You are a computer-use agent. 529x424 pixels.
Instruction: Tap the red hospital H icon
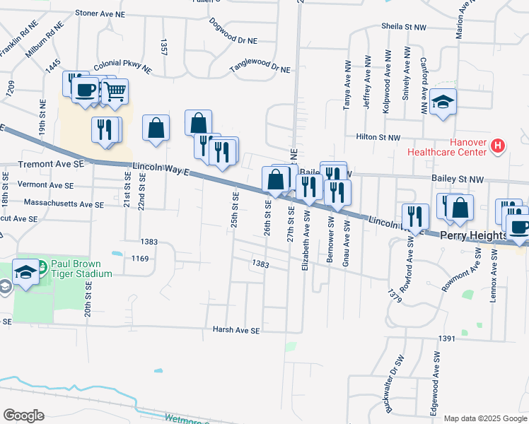click(498, 146)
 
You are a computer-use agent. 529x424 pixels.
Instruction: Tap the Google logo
click(23, 415)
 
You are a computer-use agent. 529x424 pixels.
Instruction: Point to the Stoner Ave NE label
click(100, 13)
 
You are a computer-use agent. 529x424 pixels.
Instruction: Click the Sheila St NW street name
click(405, 26)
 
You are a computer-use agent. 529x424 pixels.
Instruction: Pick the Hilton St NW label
click(378, 138)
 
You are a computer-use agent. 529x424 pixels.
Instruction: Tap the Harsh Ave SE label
click(237, 330)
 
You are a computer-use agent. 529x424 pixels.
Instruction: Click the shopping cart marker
click(115, 90)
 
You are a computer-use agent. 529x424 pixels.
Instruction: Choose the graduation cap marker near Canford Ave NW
click(443, 101)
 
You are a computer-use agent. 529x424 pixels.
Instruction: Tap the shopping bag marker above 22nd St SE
click(156, 128)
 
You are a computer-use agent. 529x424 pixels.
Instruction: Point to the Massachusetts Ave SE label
click(63, 204)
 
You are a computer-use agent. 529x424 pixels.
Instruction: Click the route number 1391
click(446, 339)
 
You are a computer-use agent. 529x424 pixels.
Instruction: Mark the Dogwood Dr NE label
click(236, 27)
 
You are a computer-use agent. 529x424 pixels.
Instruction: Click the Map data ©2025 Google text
click(484, 418)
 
